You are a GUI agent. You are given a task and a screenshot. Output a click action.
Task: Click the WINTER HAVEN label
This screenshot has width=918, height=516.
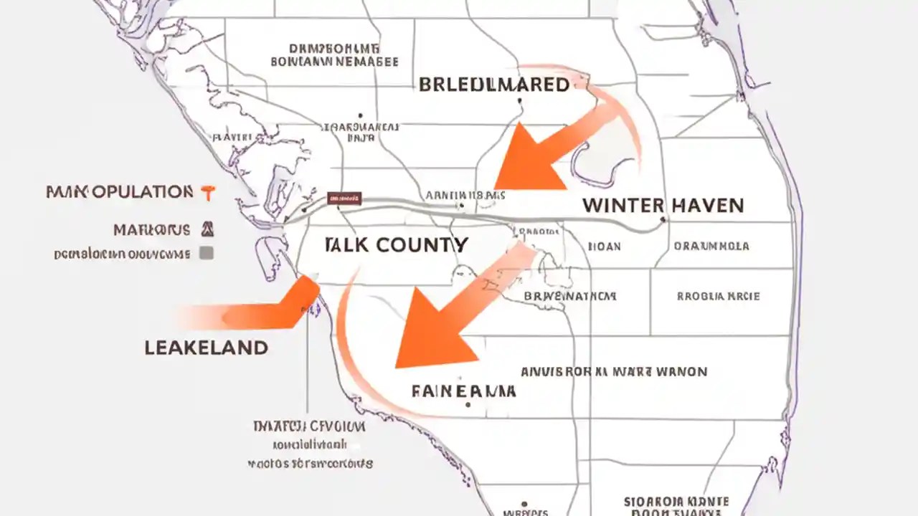pyautogui.click(x=663, y=206)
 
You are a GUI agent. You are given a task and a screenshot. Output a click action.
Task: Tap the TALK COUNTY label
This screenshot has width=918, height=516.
pyautogui.click(x=396, y=245)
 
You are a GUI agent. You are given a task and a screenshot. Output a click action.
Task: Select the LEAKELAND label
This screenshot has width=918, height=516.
pyautogui.click(x=207, y=348)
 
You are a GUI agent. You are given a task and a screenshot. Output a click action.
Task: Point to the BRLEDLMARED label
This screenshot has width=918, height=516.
pyautogui.click(x=493, y=85)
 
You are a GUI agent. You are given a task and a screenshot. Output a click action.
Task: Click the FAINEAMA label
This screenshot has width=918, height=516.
pyautogui.click(x=463, y=391)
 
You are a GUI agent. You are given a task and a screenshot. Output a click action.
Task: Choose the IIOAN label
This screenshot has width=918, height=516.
pyautogui.click(x=604, y=246)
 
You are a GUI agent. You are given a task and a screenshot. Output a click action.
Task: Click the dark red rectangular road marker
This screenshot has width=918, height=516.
pyautogui.click(x=344, y=198)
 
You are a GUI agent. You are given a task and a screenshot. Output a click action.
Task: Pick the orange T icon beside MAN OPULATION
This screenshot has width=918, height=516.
pyautogui.click(x=208, y=192)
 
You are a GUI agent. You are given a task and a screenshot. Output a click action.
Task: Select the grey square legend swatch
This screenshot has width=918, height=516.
pyautogui.click(x=207, y=253)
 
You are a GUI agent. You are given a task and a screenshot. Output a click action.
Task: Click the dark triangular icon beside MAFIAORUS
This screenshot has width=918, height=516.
pyautogui.click(x=208, y=229)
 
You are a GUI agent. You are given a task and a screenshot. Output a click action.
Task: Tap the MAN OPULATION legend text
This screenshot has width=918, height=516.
pyautogui.click(x=119, y=192)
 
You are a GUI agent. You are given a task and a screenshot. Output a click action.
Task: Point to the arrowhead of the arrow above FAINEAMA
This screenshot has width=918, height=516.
pyautogui.click(x=430, y=337)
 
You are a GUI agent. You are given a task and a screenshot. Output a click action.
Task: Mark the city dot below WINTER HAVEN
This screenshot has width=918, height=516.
pyautogui.click(x=663, y=220)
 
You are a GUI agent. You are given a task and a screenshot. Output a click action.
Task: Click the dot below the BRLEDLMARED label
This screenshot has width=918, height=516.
pyautogui.click(x=519, y=101)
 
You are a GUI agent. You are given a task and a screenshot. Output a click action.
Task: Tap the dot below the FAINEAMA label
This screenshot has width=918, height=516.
pyautogui.click(x=468, y=405)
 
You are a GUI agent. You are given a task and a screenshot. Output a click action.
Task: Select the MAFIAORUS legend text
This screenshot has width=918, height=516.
pyautogui.click(x=151, y=230)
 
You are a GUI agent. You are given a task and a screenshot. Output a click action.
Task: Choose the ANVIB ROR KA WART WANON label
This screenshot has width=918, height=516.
pyautogui.click(x=613, y=372)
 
